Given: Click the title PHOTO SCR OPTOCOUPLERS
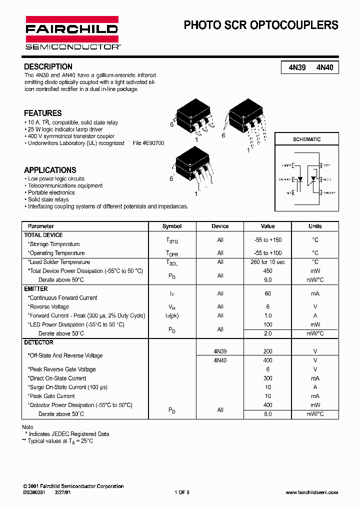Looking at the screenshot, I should pos(261,25).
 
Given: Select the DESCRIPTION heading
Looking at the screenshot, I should pos(48,66).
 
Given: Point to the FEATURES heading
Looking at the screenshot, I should pos(43,113).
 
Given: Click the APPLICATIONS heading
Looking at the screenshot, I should pos(50,170).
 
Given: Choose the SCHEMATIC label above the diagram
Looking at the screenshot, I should pos(306,139).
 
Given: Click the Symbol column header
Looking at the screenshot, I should pos(172,226).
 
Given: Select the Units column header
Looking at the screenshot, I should pos(315,226).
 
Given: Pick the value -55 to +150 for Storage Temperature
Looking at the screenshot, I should pos(268,240).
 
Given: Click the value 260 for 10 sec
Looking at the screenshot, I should pos(268,262).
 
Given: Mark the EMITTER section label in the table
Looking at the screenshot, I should pos(36,289).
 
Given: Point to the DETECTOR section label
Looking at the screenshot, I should pos(38,342).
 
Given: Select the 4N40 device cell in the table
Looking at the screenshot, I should pos(220,360).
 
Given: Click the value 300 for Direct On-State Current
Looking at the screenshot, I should pos(268,378).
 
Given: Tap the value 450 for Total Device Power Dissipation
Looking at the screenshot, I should pos(268,271).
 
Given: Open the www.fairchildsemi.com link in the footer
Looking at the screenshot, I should pos(311,492).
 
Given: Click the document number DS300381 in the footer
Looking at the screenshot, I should pos(34,492).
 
